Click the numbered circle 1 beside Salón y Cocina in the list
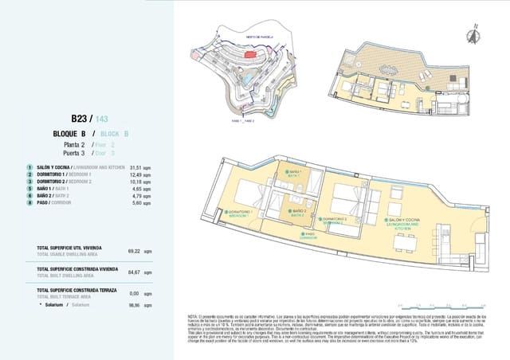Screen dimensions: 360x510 (29, 167)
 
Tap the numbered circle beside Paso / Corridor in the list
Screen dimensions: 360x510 (29, 202)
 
